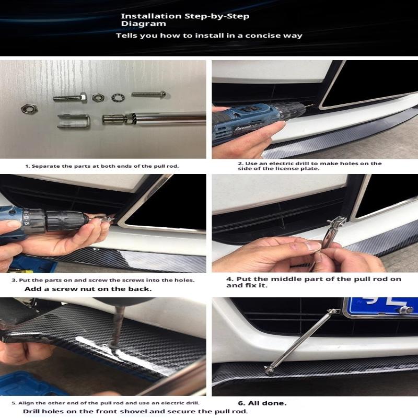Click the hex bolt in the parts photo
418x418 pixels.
click(70, 98)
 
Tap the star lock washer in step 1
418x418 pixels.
click(118, 98)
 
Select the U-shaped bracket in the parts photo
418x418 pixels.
click(74, 121)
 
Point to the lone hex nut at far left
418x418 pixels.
click(29, 109)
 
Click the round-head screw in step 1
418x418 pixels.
click(148, 95)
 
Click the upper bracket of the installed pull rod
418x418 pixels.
click(334, 311)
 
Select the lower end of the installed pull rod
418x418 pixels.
click(269, 369)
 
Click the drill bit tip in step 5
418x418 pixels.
click(111, 346)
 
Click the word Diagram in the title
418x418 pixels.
click(143, 24)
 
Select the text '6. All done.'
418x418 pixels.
click(262, 403)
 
